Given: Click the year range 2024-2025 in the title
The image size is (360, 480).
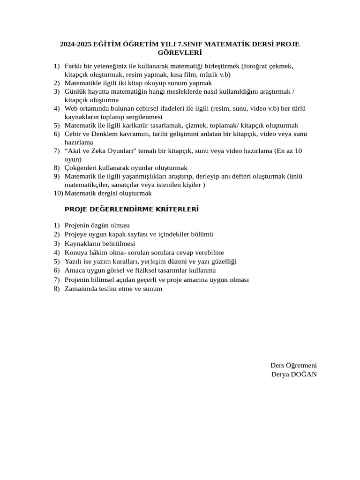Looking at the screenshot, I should point(75,45).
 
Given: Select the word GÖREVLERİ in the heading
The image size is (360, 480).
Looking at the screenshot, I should point(180,53).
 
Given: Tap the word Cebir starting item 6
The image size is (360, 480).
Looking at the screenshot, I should point(73,134).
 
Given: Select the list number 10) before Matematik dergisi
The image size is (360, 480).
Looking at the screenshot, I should point(58,193).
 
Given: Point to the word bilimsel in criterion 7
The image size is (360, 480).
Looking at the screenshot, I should point(107,279).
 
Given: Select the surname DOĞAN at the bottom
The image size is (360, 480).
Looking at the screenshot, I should point(303,374).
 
